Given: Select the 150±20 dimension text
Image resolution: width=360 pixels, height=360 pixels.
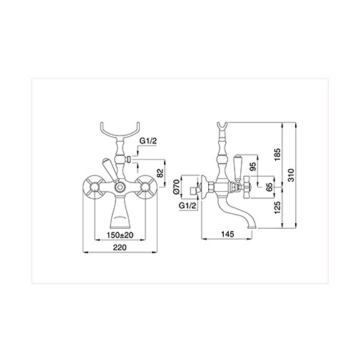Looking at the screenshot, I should (121, 234).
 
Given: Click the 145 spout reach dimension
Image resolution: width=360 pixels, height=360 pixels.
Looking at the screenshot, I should (227, 234).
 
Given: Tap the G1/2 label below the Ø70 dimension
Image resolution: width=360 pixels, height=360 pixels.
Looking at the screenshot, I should (187, 206).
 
